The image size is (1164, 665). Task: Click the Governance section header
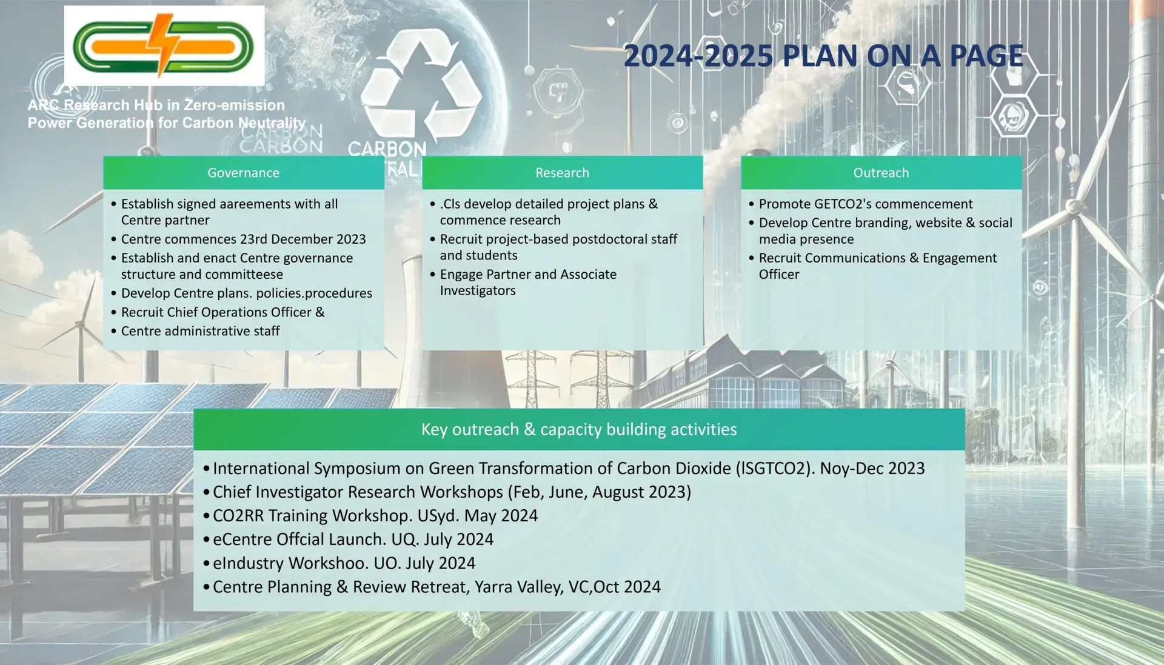pos(243,173)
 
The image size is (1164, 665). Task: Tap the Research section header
pos(562,173)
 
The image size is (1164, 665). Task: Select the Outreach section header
pos(881,173)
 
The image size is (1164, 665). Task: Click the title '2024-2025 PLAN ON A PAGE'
pos(823,56)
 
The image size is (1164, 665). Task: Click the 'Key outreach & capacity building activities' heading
pos(579,429)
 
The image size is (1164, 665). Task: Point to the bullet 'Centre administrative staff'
pos(200,331)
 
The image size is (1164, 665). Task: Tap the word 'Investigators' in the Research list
pos(478,291)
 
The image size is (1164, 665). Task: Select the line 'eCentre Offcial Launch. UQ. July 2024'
pos(353,540)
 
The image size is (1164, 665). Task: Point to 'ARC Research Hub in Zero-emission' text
pos(156,105)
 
